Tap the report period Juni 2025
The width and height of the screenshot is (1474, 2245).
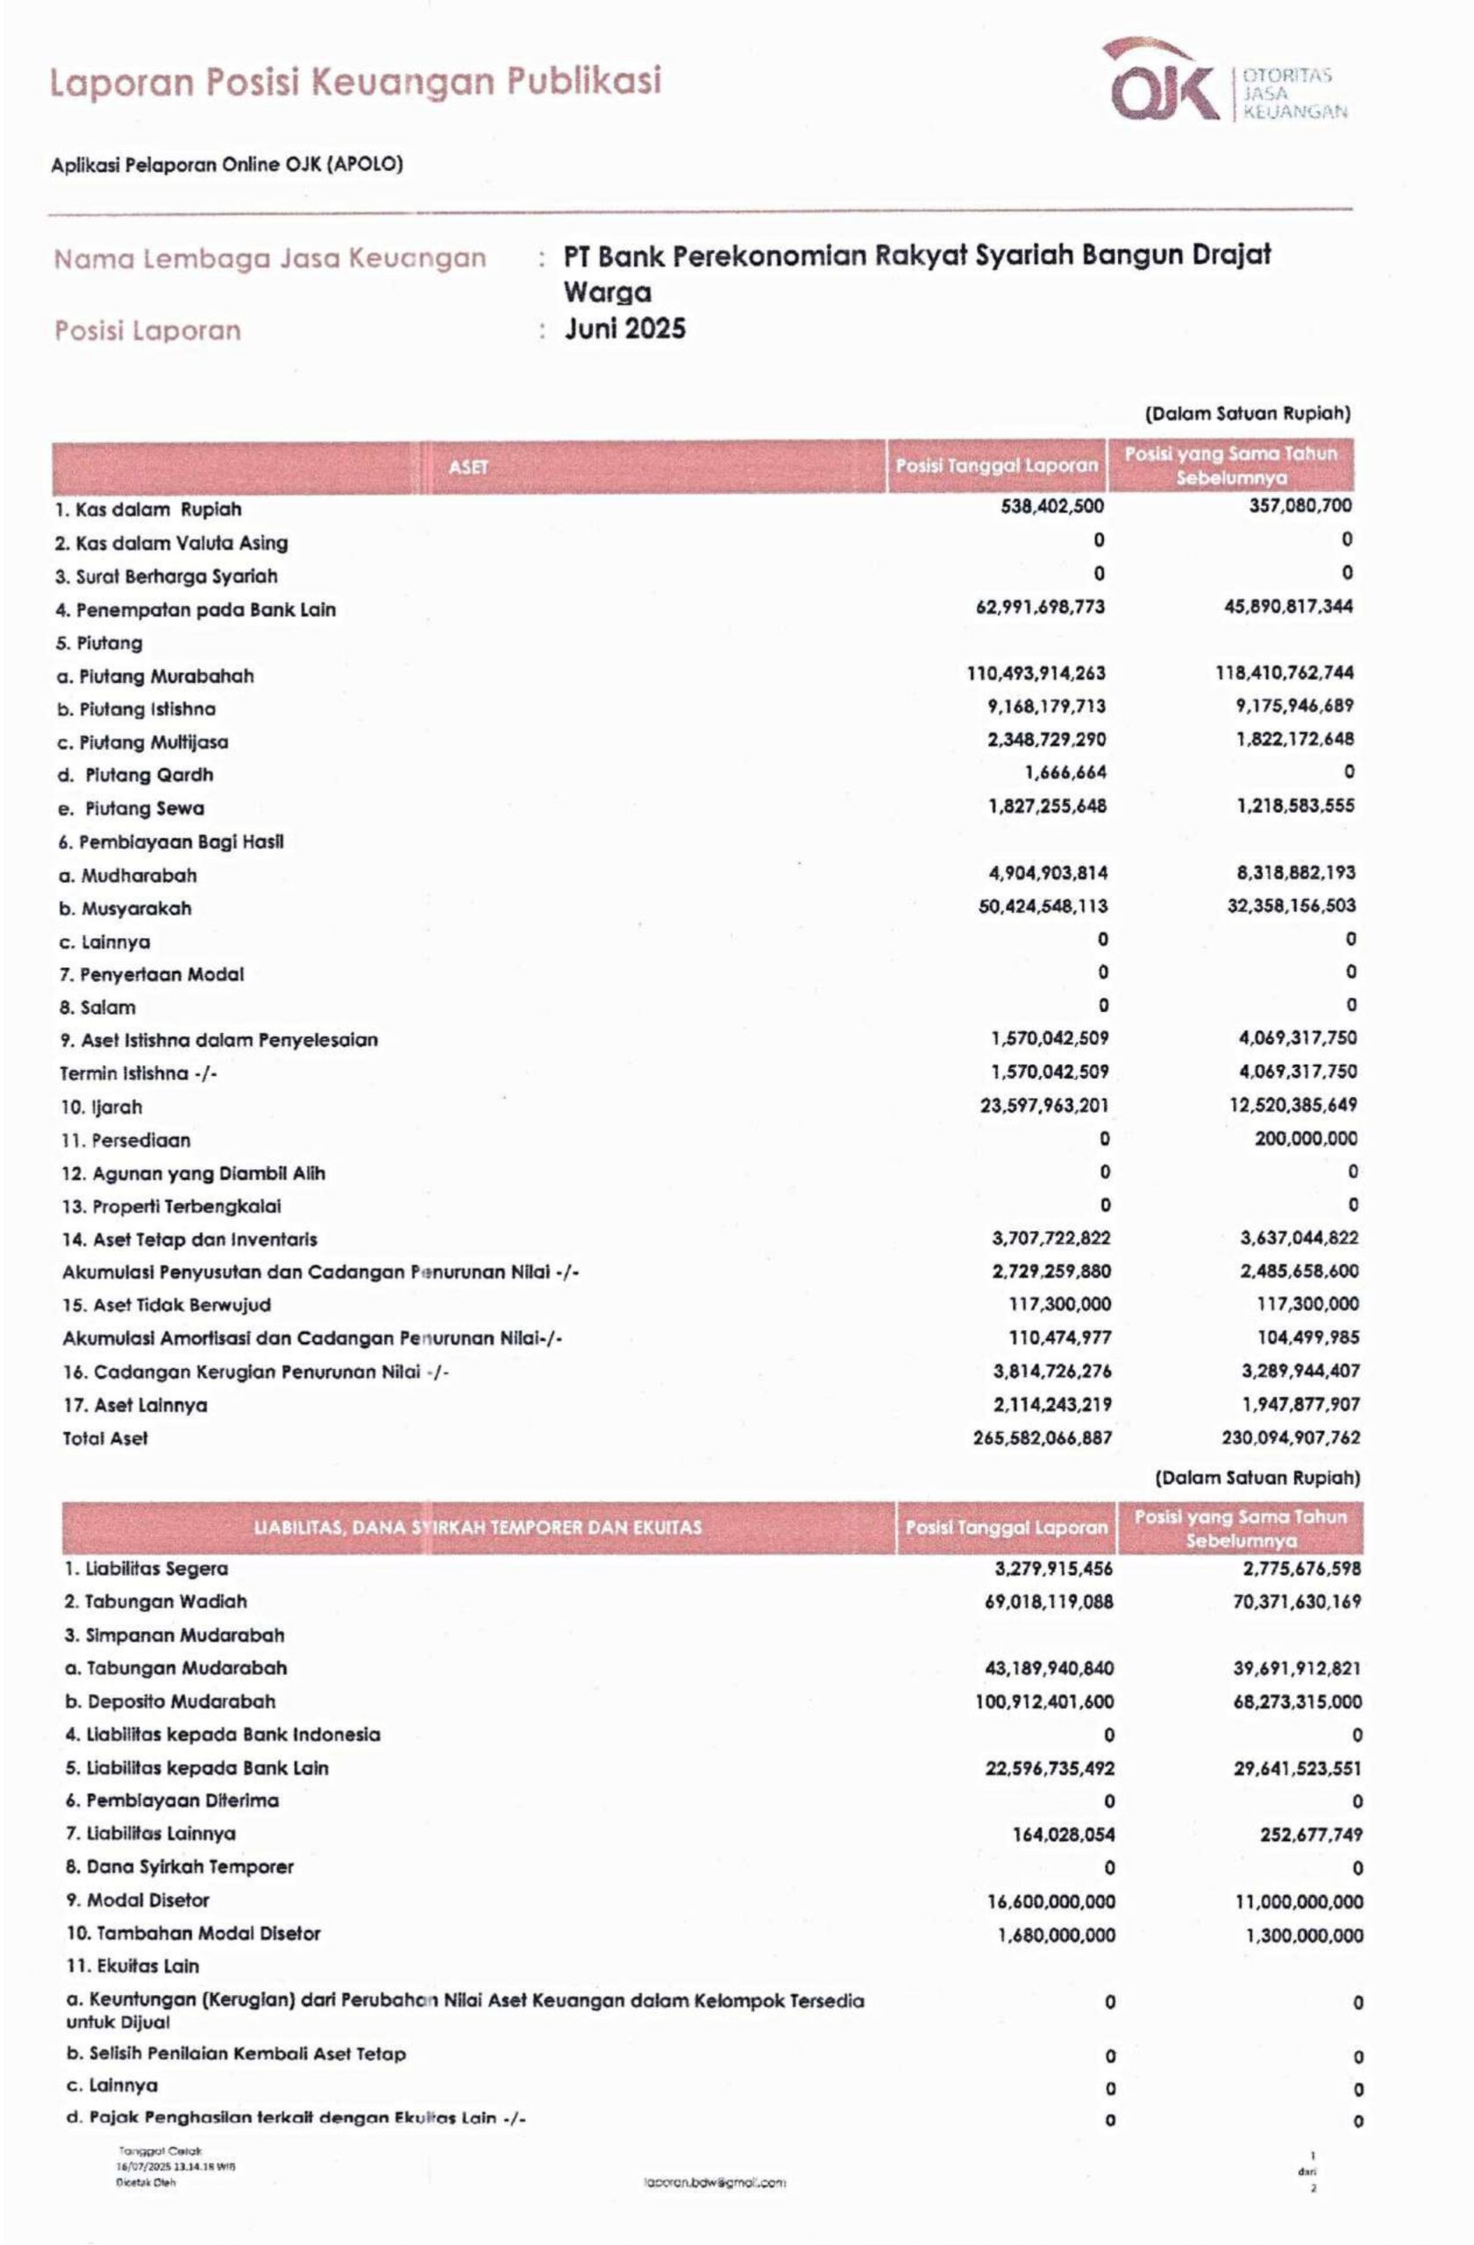[625, 329]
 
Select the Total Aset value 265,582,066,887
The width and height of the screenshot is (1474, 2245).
[1042, 1437]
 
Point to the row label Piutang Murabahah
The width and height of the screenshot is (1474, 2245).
[155, 675]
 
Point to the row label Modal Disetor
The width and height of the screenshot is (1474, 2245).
[137, 1899]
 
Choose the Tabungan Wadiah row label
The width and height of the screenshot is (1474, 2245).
[155, 1600]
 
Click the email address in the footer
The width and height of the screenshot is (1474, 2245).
[715, 2182]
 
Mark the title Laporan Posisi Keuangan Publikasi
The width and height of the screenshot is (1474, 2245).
[354, 82]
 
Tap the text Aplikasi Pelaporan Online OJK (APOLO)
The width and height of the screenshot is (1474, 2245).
[226, 164]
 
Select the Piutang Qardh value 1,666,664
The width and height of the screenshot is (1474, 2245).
[1065, 773]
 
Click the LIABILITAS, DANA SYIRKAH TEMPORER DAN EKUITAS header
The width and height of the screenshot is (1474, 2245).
[478, 1526]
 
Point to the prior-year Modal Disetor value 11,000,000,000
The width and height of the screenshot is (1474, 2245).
[1299, 1901]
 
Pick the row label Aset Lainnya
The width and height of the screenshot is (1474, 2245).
[135, 1405]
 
